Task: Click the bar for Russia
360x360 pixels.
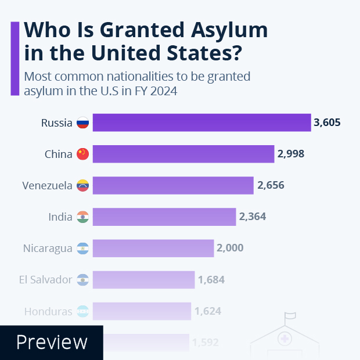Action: tap(201, 123)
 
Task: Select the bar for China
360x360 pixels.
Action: tap(183, 154)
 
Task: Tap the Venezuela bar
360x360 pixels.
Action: tap(173, 185)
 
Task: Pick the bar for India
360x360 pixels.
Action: tap(164, 217)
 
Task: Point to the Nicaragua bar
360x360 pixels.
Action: tap(153, 248)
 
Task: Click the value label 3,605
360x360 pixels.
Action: tap(327, 123)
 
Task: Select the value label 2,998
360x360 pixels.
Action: tap(291, 154)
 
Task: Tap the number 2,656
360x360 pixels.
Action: tap(271, 185)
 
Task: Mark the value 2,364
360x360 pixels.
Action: tap(253, 217)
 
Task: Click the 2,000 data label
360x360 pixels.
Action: tap(231, 248)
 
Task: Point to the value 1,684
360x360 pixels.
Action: tap(211, 279)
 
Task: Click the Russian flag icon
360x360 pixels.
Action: tap(82, 123)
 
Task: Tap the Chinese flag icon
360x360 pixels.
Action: tap(82, 154)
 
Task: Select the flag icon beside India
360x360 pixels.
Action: tap(82, 217)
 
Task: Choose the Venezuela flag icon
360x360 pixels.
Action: tap(82, 185)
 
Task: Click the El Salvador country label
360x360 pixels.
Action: tap(45, 279)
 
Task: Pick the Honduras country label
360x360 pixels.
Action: tap(48, 311)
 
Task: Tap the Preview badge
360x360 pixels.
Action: tap(52, 342)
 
